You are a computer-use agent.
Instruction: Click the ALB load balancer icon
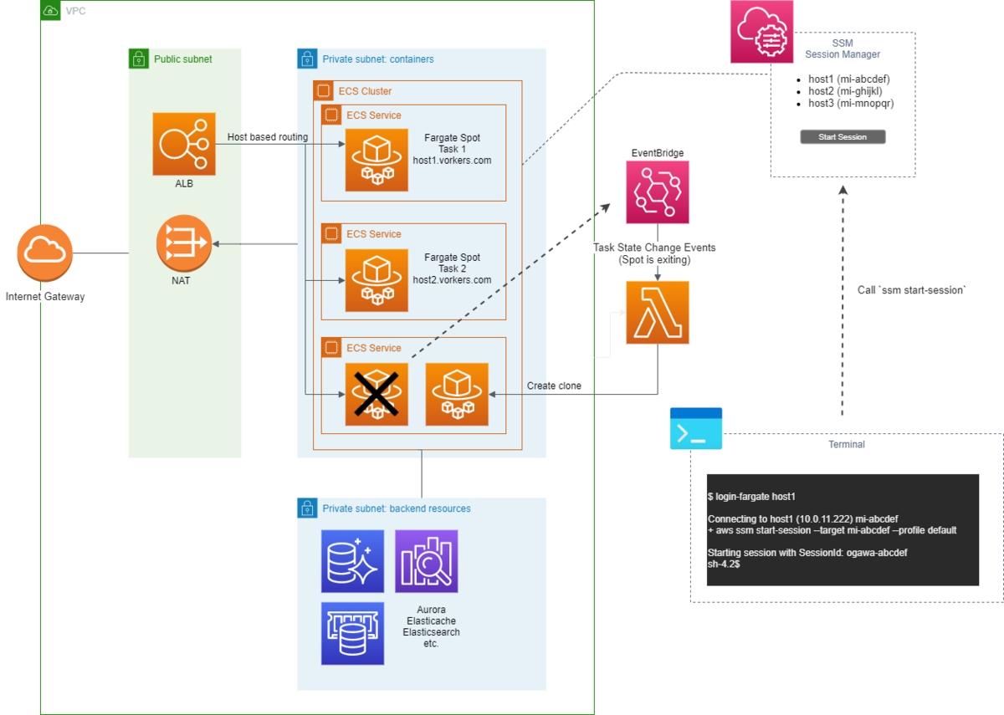[x=184, y=144]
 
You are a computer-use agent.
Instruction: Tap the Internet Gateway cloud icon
[x=45, y=253]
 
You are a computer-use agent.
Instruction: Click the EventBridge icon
[x=657, y=192]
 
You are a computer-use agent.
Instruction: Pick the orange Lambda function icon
[x=657, y=313]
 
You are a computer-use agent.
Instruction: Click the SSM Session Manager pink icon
[x=761, y=32]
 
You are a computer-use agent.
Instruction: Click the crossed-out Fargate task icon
[x=376, y=394]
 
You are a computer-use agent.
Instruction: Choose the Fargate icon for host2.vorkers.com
[x=376, y=280]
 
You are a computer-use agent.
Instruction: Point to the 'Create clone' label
[x=554, y=386]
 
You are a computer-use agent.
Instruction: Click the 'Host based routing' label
[x=268, y=137]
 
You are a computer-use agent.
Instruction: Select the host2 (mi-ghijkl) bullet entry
[x=845, y=91]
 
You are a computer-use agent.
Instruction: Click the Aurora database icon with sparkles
[x=352, y=561]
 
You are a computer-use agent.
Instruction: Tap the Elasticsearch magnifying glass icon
[x=427, y=561]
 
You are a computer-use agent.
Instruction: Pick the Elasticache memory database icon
[x=352, y=633]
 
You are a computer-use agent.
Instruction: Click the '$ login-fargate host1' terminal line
[x=751, y=497]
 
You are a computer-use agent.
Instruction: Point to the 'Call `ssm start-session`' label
[x=911, y=290]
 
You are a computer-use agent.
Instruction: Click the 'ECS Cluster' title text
[x=365, y=91]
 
